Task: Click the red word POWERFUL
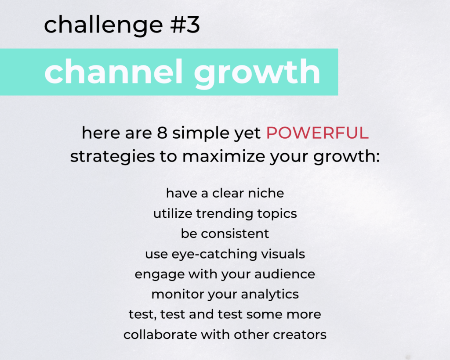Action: point(317,133)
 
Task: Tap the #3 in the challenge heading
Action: point(185,25)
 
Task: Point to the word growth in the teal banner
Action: point(257,73)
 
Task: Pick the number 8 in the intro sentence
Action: point(162,133)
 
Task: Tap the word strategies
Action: point(112,157)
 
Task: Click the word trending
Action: point(225,214)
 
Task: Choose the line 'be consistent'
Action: point(225,234)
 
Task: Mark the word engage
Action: point(160,275)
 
